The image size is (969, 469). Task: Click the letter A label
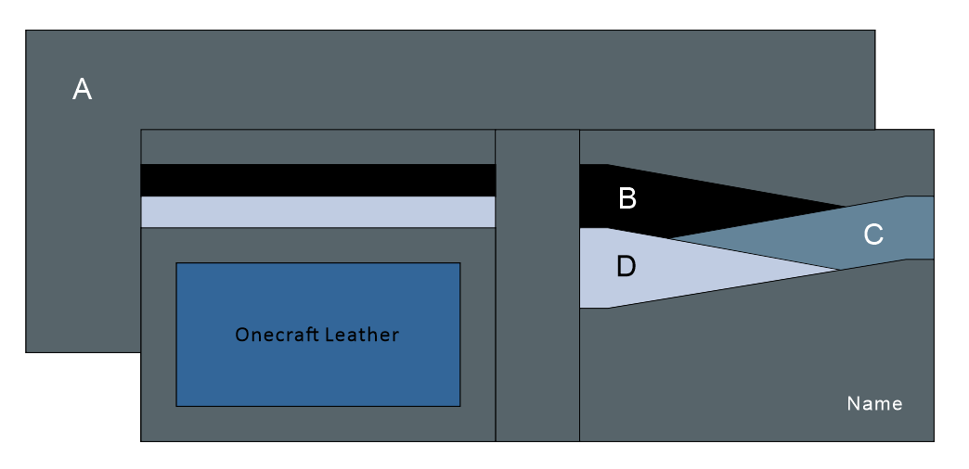click(83, 90)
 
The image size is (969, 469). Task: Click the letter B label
click(627, 198)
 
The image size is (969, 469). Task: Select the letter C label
click(873, 235)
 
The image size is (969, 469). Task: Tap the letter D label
click(627, 267)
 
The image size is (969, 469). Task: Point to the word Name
click(874, 404)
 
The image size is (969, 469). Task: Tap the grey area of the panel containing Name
click(743, 371)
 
